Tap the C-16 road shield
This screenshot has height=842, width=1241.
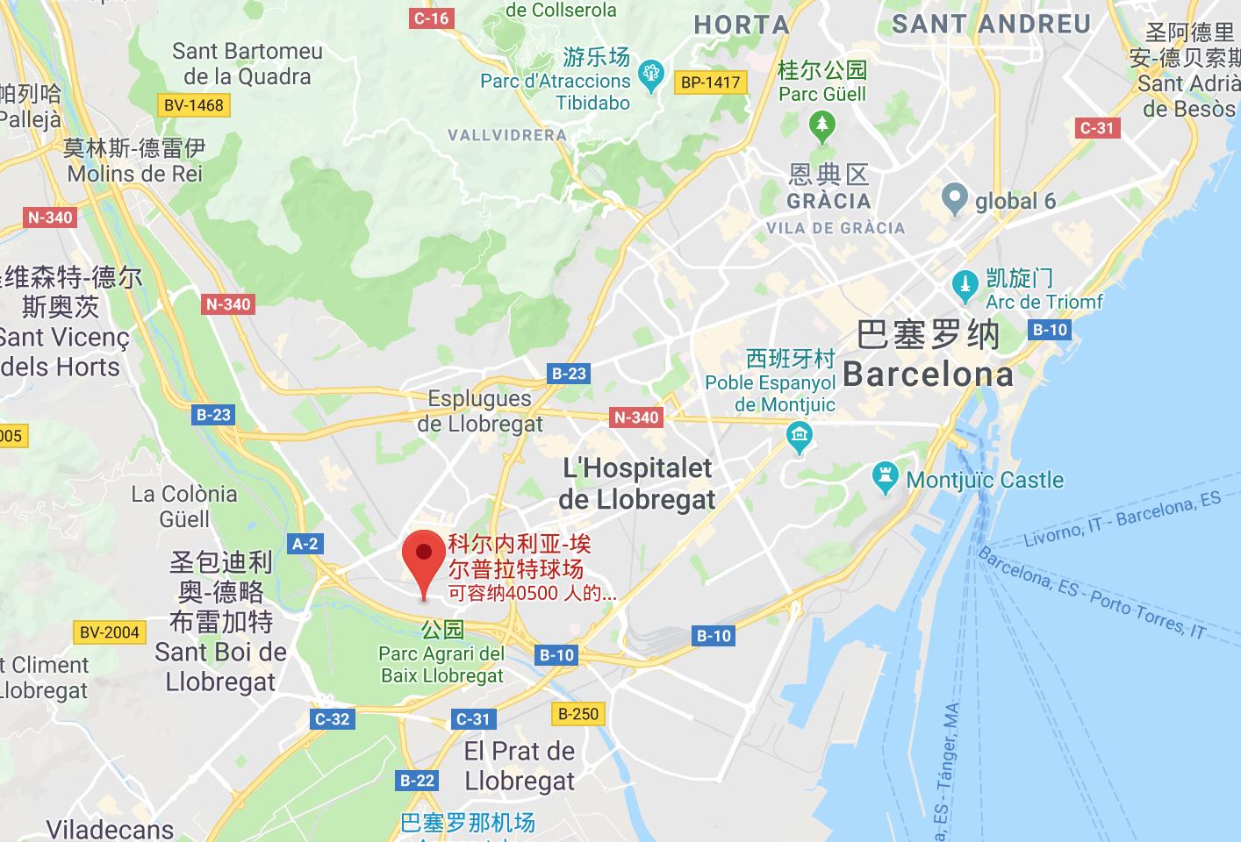(431, 18)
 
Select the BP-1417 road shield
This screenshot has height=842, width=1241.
(710, 82)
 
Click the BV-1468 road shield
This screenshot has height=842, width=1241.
(194, 105)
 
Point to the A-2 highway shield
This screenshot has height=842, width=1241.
(305, 544)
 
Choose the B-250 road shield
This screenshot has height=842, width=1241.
(578, 714)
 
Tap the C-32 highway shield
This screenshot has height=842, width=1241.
(332, 719)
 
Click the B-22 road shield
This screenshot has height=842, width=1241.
(417, 780)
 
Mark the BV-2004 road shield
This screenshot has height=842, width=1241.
(109, 632)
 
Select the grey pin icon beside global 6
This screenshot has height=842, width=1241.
(954, 199)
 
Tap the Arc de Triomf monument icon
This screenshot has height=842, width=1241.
(965, 285)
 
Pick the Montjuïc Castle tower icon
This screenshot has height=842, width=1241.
(885, 478)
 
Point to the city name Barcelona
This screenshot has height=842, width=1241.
(928, 375)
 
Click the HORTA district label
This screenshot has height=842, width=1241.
(742, 25)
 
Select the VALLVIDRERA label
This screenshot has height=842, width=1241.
(507, 135)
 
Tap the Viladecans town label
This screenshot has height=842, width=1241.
(110, 830)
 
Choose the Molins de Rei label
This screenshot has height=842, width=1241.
(135, 174)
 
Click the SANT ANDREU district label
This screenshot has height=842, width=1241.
(991, 24)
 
